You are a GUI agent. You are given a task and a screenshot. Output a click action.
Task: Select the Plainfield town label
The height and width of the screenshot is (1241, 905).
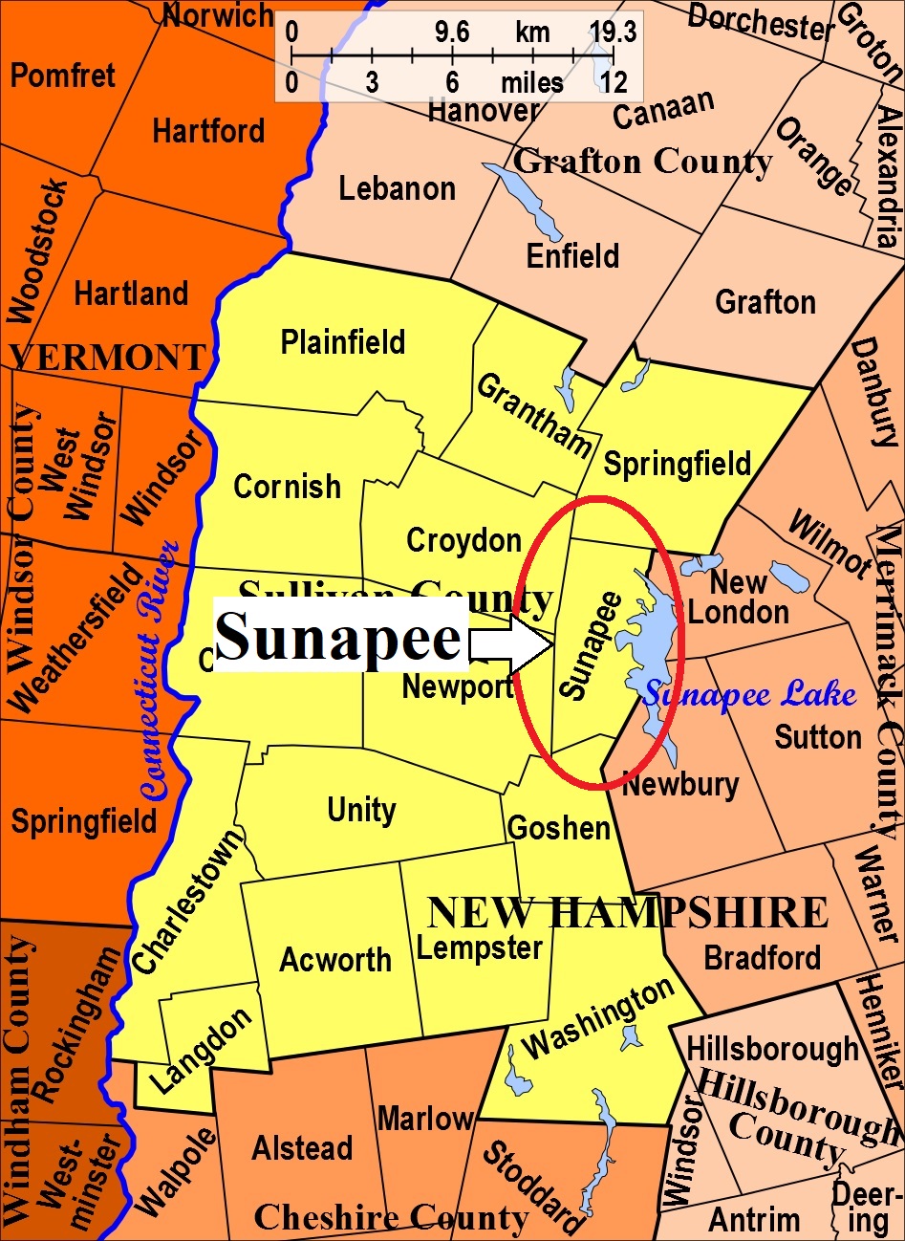point(342,342)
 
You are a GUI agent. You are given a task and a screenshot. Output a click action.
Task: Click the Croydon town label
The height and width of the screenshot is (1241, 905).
point(463,540)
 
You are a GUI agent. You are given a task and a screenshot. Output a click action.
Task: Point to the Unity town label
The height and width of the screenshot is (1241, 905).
point(361,811)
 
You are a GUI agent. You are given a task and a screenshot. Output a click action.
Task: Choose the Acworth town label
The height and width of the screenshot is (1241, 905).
point(335,960)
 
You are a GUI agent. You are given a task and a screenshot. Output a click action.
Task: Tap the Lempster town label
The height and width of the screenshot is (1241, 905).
point(480,948)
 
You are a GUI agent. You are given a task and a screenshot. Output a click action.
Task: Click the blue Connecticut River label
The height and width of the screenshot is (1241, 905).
point(159,669)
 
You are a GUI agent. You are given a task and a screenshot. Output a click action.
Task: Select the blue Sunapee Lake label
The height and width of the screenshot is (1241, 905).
point(750,695)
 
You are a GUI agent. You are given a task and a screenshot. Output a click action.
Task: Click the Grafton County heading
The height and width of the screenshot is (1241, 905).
point(642,162)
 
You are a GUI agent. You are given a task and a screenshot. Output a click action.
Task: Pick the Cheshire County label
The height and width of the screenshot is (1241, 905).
point(391,1218)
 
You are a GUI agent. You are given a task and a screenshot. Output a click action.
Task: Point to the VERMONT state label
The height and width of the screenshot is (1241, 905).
point(107,358)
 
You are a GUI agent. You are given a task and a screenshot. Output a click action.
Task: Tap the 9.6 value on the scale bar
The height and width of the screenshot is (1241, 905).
point(452,33)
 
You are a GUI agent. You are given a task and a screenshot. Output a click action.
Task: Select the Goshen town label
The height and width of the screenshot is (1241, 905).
point(559,828)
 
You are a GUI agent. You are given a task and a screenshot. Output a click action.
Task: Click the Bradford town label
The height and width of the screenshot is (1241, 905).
point(762,958)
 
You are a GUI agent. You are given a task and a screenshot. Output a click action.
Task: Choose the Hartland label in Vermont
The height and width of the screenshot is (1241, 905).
point(131,294)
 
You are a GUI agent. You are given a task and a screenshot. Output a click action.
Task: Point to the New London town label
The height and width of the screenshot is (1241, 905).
point(739,598)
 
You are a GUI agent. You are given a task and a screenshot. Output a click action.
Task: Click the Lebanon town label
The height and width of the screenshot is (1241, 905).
point(397,188)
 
